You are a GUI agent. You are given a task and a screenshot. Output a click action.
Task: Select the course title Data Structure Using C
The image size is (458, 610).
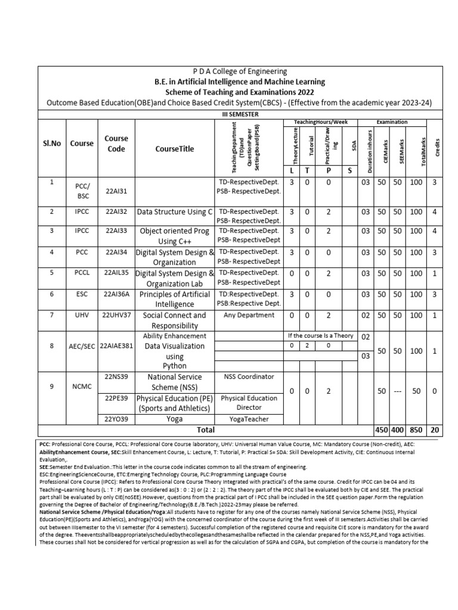(175, 211)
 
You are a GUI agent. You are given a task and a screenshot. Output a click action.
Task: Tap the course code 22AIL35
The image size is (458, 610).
(116, 273)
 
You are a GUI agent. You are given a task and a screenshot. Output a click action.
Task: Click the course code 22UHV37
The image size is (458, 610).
(116, 315)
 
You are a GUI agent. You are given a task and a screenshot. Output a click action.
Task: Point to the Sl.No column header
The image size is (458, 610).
(52, 144)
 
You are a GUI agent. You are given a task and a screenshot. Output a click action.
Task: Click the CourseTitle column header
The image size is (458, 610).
(174, 149)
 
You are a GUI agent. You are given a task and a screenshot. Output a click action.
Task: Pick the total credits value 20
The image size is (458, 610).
(437, 430)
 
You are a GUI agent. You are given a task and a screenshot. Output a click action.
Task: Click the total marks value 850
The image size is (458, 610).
(416, 430)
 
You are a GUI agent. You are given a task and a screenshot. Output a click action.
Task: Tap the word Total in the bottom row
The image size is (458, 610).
(206, 429)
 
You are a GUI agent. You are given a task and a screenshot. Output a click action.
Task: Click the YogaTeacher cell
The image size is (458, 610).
(249, 419)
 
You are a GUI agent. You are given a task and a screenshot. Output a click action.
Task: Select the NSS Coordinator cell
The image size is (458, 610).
(249, 376)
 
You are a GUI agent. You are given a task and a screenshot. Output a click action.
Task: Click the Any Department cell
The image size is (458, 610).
(249, 315)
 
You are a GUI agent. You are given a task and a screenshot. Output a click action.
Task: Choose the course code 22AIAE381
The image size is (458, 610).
(116, 345)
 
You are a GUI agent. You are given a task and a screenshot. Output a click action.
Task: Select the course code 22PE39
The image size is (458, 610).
(116, 397)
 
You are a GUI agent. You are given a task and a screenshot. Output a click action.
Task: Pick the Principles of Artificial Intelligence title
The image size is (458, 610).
(174, 299)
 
